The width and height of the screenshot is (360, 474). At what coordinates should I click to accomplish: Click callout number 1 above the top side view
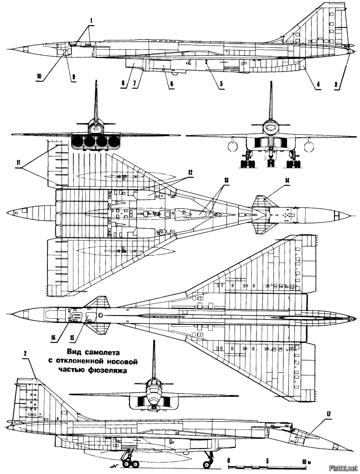pos(92,20)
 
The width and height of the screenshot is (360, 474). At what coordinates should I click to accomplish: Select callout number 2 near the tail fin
pos(25,354)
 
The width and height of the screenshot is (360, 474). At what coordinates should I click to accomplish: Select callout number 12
pos(190,172)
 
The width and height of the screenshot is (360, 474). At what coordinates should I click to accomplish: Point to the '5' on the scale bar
pos(267,461)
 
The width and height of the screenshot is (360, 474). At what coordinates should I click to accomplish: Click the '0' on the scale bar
pos(229,461)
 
